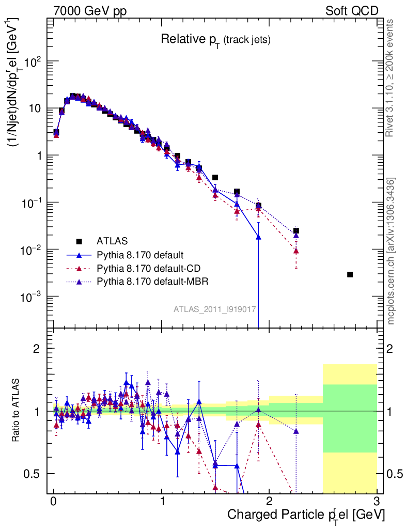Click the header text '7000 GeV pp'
click(90, 11)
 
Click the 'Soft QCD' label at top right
click(352, 11)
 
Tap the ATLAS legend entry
click(112, 241)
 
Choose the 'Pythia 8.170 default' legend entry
click(140, 255)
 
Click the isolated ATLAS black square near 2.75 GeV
click(350, 274)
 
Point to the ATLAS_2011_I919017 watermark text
click(215, 309)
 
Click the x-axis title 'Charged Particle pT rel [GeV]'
click(305, 515)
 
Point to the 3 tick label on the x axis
click(376, 502)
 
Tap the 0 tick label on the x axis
click(54, 502)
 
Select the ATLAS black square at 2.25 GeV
click(296, 231)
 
